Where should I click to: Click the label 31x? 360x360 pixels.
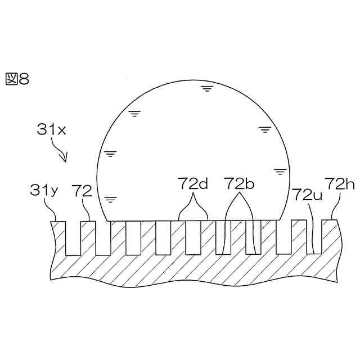click(x=51, y=129)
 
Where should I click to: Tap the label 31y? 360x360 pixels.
click(x=44, y=191)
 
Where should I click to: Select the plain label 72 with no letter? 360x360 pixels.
click(x=82, y=191)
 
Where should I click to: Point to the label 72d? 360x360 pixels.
click(x=193, y=183)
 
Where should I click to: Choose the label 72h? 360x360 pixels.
click(x=340, y=184)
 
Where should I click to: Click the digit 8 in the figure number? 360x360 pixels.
click(x=24, y=79)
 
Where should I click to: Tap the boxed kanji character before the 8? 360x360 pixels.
click(x=12, y=79)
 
